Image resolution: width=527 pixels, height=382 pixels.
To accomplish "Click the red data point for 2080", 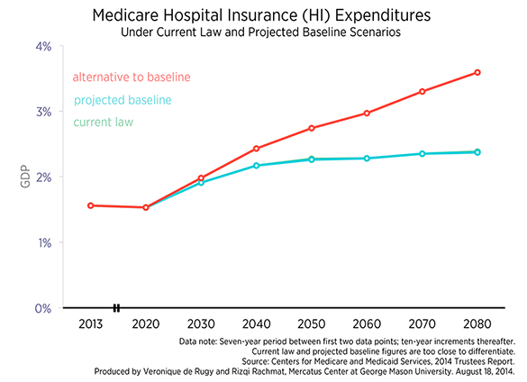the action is point(477,72).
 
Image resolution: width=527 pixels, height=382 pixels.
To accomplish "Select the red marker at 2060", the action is point(367,114).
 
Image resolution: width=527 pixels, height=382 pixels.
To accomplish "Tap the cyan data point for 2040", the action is point(257,166).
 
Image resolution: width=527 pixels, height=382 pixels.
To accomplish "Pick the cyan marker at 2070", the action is point(423,154).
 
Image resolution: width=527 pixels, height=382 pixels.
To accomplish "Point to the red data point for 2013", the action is point(90,205).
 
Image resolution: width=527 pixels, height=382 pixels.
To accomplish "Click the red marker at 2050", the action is point(312,128).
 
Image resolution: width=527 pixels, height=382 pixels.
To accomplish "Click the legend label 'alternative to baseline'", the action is point(132,77).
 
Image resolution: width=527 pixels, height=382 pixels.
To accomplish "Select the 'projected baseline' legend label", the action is point(123,100).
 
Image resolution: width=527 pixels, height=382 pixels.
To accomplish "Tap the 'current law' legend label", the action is point(104,122).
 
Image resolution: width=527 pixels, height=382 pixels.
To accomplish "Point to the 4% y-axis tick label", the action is point(43,47).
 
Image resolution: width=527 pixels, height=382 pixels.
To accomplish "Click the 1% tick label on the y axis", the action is point(45,242).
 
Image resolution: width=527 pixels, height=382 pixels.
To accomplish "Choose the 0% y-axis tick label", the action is point(43,308).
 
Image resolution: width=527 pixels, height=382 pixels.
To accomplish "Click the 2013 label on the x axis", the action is point(90,324).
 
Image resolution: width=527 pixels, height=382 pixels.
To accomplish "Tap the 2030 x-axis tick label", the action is point(201,324).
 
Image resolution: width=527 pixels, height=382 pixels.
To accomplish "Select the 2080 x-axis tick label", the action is point(477,324).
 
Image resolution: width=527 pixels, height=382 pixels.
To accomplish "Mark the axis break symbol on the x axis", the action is point(116,308).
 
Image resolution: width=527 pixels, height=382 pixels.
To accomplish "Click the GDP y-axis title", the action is point(25,177).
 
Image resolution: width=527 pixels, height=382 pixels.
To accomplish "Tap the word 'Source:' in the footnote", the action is point(255,361).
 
